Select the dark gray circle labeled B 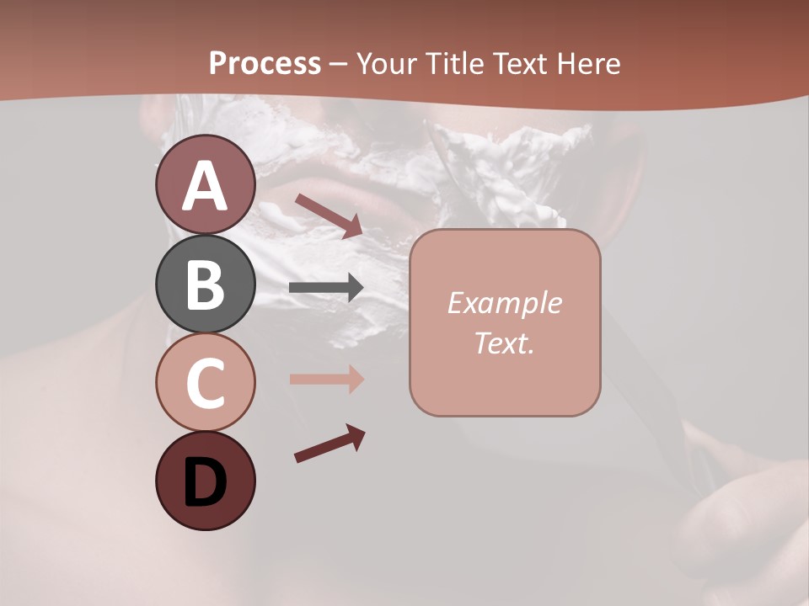click(x=205, y=284)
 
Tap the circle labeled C click(x=205, y=382)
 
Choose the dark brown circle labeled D click(x=205, y=481)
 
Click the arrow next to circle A click(x=329, y=215)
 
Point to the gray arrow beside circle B click(x=326, y=288)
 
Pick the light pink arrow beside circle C click(x=326, y=379)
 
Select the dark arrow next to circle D click(x=329, y=444)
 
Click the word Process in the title click(x=265, y=63)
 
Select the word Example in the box click(x=504, y=303)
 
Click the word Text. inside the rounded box click(x=504, y=343)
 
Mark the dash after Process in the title click(x=339, y=65)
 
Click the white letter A click(x=205, y=187)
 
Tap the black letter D click(x=205, y=483)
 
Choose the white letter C click(x=205, y=383)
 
